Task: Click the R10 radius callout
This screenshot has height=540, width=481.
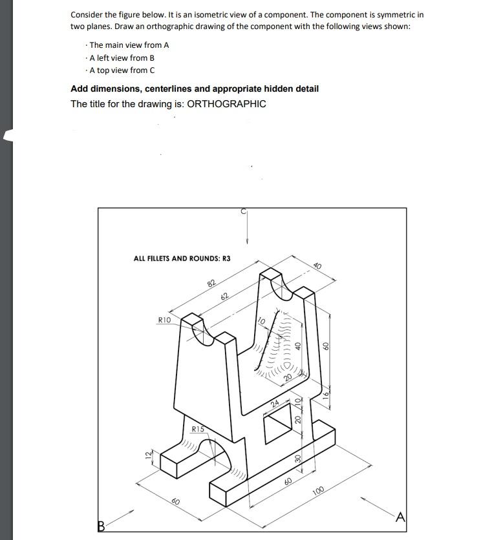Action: click(x=164, y=320)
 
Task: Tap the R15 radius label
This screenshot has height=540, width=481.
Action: click(x=198, y=429)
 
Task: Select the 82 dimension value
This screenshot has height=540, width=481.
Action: click(x=211, y=284)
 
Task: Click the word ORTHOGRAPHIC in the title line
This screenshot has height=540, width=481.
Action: click(x=226, y=104)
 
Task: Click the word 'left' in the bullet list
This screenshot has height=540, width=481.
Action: click(x=105, y=57)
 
